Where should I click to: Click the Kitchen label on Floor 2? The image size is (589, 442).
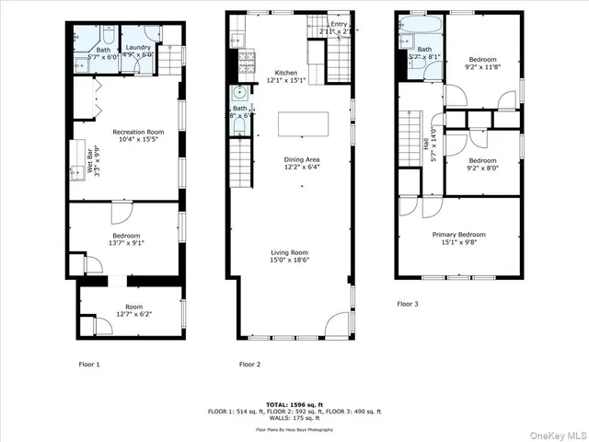(x=286, y=73)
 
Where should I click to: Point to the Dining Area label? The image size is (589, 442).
(x=302, y=159)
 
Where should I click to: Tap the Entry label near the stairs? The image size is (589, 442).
(x=340, y=24)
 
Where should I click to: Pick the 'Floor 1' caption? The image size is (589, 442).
(x=89, y=365)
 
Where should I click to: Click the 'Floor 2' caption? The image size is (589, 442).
(x=249, y=365)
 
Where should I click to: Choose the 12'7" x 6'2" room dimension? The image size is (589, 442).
(x=134, y=314)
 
